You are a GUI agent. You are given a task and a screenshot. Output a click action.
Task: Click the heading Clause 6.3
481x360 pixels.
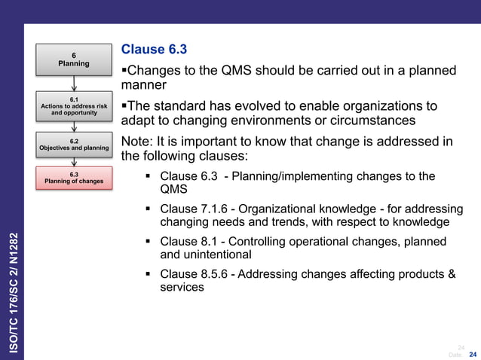coord(154,50)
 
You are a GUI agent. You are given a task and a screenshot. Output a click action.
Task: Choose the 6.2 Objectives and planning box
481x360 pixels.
coord(74,145)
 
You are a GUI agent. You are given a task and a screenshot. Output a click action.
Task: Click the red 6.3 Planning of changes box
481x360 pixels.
coord(74,177)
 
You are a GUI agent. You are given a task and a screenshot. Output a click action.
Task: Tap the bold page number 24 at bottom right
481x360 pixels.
coord(473,354)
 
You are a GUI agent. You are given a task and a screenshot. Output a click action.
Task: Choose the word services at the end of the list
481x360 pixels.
coord(182,288)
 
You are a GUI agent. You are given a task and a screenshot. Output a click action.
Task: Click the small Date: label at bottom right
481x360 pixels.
coord(455,354)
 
